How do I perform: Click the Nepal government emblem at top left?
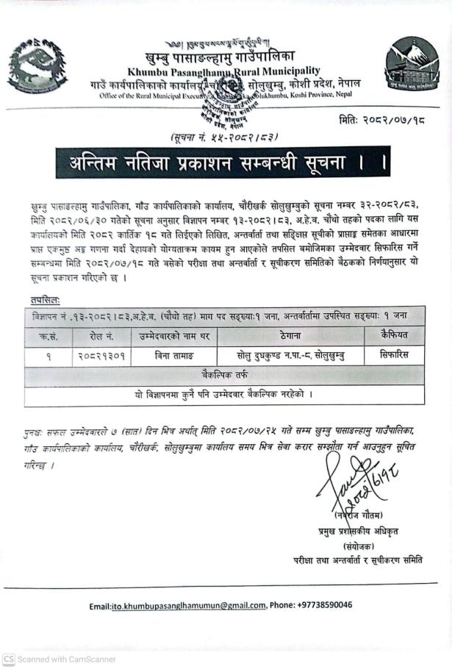click(x=32, y=66)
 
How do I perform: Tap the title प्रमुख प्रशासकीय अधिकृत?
click(x=367, y=532)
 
